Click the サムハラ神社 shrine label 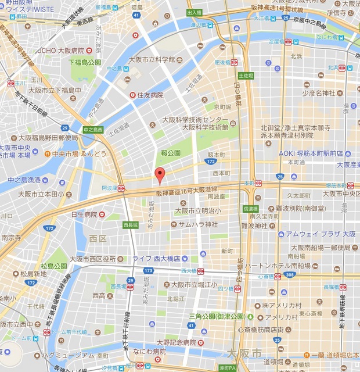[x=197, y=224]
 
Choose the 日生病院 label [x=84, y=214]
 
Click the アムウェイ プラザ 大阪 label [x=321, y=234]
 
